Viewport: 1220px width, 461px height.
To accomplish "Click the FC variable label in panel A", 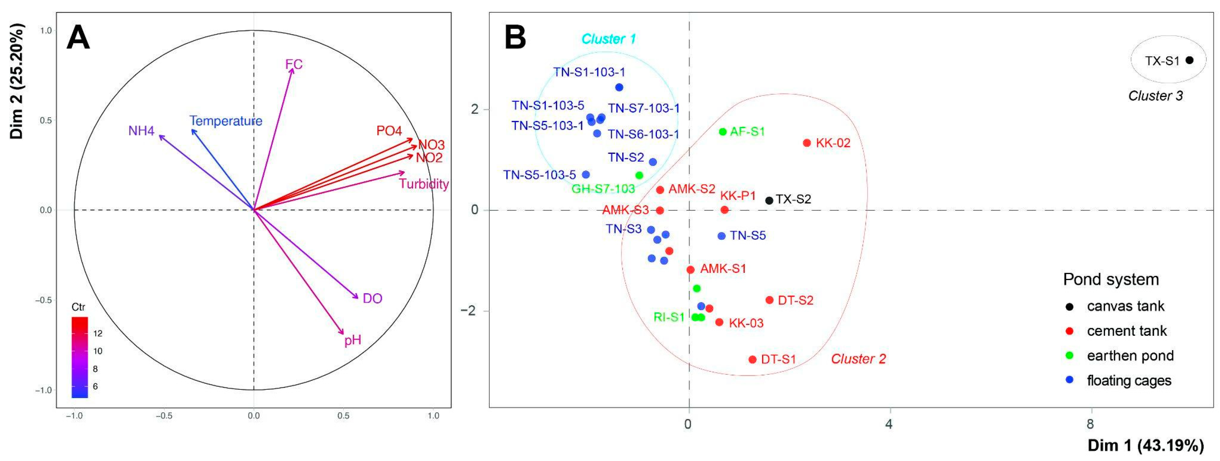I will (294, 64).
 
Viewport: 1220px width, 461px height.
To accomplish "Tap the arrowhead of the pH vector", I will (343, 334).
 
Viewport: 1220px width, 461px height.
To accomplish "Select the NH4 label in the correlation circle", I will (141, 130).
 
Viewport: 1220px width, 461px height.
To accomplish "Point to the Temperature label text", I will (226, 121).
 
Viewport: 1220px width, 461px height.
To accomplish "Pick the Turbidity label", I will (424, 184).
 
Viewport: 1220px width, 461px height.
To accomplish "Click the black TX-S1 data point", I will (1189, 60).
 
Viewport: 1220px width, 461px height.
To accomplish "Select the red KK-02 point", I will (807, 142).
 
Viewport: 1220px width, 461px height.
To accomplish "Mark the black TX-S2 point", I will (769, 201).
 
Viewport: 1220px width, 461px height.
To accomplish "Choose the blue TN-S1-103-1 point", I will (619, 87).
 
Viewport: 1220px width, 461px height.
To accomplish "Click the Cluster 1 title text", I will (609, 39).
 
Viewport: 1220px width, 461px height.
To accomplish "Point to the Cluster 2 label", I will (858, 359).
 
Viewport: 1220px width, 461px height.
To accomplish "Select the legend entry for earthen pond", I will (1130, 356).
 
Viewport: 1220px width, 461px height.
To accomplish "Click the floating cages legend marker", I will (1069, 380).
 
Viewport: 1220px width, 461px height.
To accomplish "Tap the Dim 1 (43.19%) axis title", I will (1146, 446).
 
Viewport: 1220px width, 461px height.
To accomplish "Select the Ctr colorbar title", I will (78, 307).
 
